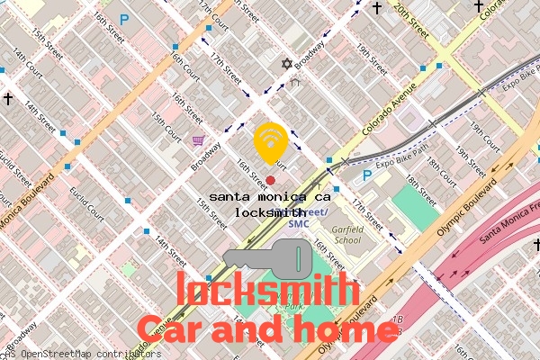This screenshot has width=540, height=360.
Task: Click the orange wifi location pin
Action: [271, 141]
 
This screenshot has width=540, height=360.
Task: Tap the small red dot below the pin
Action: [270, 181]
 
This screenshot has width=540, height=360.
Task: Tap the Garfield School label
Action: [346, 235]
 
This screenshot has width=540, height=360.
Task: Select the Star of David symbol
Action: [287, 66]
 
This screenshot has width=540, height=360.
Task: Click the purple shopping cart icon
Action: [198, 140]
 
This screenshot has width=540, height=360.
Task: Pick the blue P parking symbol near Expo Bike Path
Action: [367, 177]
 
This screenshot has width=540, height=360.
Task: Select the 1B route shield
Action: [397, 322]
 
